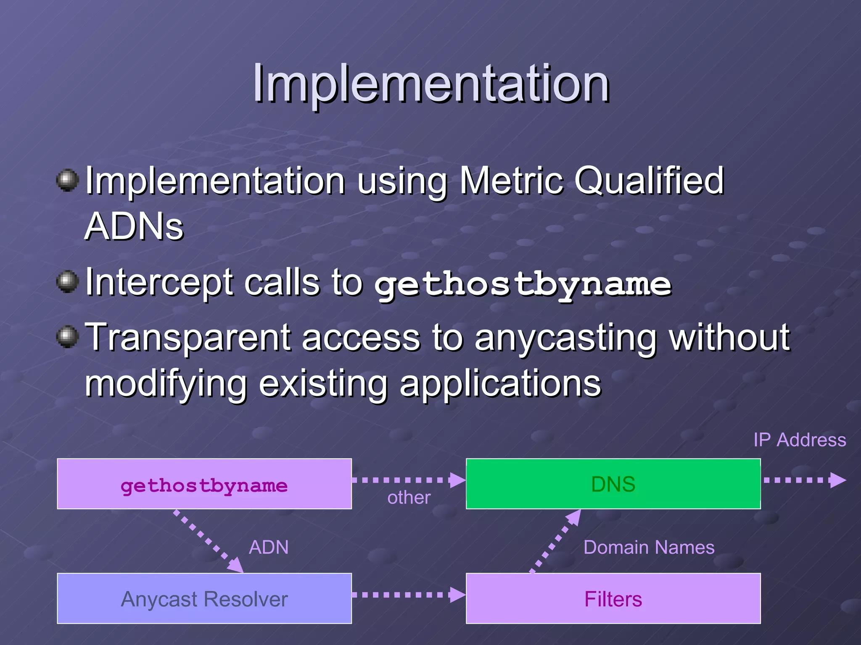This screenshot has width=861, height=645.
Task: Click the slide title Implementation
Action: [430, 84]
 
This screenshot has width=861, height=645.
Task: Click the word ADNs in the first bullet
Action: [134, 227]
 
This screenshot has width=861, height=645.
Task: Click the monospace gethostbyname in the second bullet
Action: [523, 285]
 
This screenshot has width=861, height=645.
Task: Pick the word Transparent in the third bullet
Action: [189, 338]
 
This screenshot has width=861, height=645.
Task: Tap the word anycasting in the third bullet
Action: [565, 338]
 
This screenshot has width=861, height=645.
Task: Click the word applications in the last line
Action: [500, 384]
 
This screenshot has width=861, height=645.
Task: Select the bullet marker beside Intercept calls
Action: [67, 281]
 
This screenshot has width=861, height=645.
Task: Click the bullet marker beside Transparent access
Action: [67, 337]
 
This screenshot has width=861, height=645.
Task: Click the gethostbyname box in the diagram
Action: [204, 484]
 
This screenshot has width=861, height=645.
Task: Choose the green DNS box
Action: [613, 484]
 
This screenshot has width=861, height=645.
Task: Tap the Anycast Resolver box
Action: [204, 598]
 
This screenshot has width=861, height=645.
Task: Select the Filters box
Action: [613, 598]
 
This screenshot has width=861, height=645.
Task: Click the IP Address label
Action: [799, 440]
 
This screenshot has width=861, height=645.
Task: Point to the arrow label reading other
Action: [409, 498]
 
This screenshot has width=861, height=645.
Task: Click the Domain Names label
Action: [649, 548]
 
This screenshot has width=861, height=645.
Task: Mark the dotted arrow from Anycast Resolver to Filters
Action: [408, 595]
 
